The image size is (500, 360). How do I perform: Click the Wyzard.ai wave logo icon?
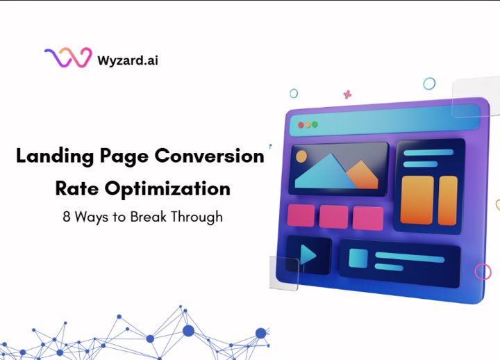pyautogui.click(x=67, y=58)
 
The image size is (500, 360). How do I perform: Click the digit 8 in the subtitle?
pyautogui.click(x=66, y=216)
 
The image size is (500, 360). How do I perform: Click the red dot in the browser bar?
pyautogui.click(x=301, y=125)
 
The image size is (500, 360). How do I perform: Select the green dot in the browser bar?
pyautogui.click(x=315, y=124)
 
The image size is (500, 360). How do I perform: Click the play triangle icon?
pyautogui.click(x=308, y=256)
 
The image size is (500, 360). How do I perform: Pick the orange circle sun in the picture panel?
pyautogui.click(x=301, y=157)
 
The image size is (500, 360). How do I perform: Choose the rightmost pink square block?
pyautogui.click(x=367, y=218)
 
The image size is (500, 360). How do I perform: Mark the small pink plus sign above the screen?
pyautogui.click(x=347, y=94)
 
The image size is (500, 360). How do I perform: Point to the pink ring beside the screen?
pyautogui.click(x=483, y=272)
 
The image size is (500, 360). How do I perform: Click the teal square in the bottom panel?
pyautogui.click(x=358, y=259)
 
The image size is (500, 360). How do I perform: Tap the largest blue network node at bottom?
pyautogui.click(x=187, y=330)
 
